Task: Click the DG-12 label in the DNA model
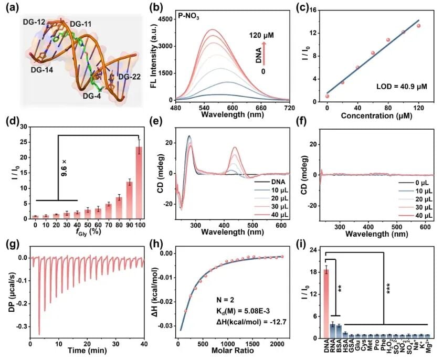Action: (34, 22)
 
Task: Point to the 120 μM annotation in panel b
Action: (261, 36)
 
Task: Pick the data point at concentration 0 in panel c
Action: (327, 96)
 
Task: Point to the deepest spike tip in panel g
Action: (39, 334)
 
